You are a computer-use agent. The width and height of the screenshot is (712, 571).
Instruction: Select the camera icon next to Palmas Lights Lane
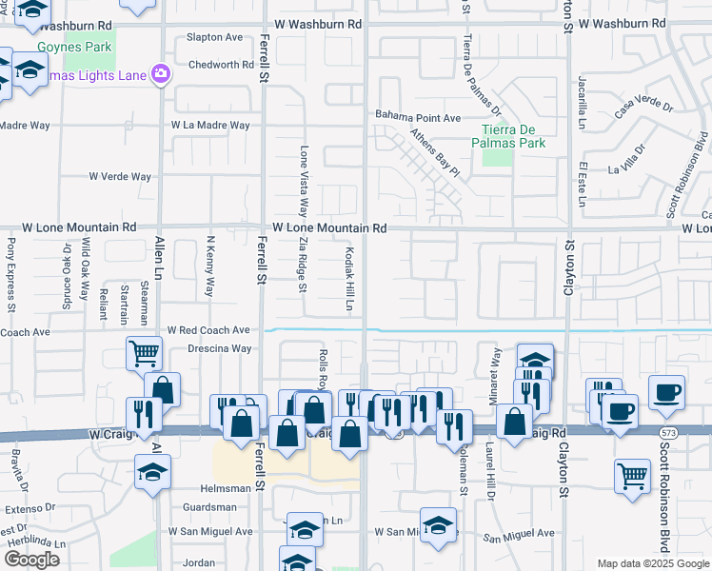(x=160, y=73)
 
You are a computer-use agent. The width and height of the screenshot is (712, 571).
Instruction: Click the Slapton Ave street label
(x=215, y=37)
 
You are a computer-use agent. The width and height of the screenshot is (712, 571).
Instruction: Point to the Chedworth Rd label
(x=221, y=65)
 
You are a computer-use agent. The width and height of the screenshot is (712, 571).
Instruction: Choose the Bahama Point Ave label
(x=418, y=117)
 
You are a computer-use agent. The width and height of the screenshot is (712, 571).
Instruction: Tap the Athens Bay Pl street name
(x=435, y=154)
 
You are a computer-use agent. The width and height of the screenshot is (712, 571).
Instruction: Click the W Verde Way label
(x=120, y=176)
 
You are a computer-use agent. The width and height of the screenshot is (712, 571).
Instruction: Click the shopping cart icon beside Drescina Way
(x=144, y=353)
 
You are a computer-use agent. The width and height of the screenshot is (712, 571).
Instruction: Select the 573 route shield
(x=669, y=433)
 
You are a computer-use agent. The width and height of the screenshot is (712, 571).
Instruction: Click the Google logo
(x=31, y=560)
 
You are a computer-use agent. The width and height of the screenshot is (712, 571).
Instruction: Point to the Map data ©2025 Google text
(x=652, y=563)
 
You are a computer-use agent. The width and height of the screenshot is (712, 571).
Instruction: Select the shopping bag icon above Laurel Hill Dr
(x=514, y=422)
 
